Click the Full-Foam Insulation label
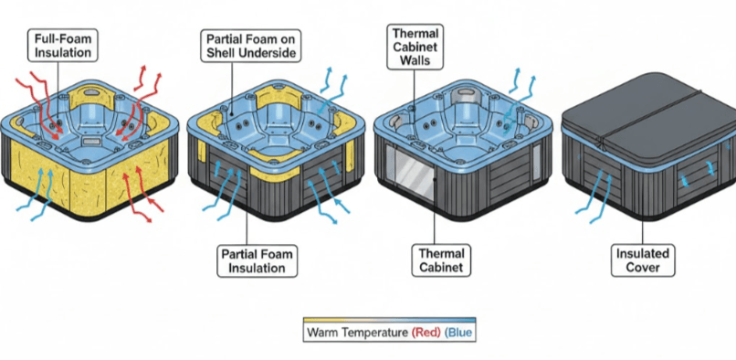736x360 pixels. (64, 47)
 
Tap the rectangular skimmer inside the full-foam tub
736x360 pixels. (92, 143)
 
